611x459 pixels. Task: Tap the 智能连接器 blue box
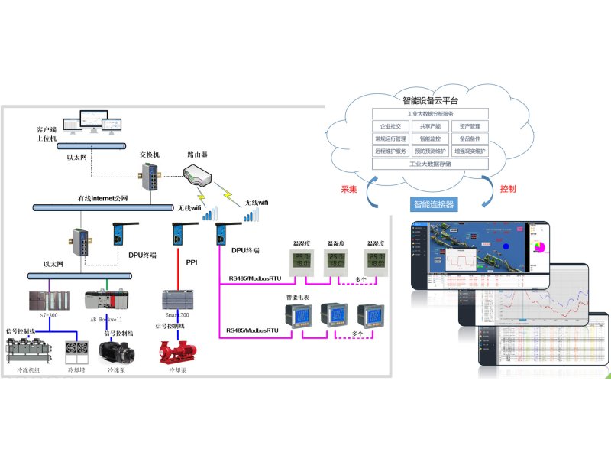pos(433,204)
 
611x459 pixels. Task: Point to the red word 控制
pos(508,189)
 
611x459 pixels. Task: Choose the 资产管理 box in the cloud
pos(469,126)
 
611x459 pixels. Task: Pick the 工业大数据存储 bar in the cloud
pos(430,163)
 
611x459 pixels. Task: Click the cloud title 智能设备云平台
pos(430,100)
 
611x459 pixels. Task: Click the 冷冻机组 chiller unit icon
pos(27,351)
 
